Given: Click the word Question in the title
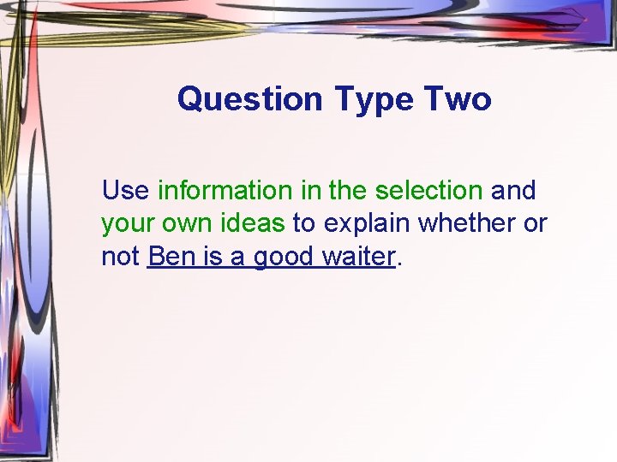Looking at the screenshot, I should (x=249, y=99).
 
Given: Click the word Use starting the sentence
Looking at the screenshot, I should (x=125, y=189).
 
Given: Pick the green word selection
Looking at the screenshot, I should (x=429, y=189).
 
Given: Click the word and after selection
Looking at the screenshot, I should (x=512, y=189).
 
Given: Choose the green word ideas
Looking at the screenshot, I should (x=255, y=222).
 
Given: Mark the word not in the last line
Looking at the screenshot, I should (x=121, y=256).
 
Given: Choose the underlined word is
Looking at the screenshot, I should (x=205, y=256).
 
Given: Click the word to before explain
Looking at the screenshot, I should (x=304, y=223).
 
